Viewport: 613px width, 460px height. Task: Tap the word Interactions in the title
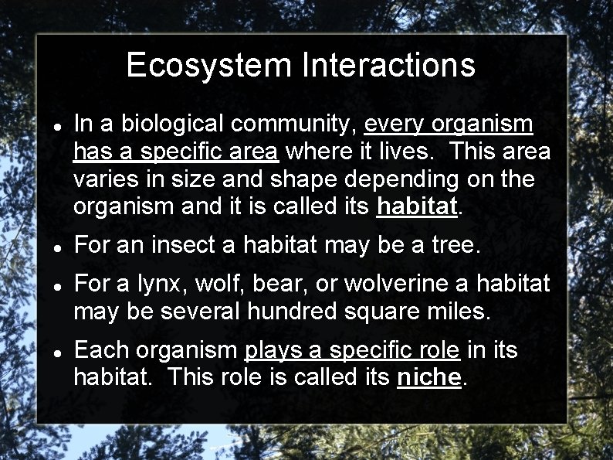tap(388, 65)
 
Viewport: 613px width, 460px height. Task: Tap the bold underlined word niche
tap(428, 378)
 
